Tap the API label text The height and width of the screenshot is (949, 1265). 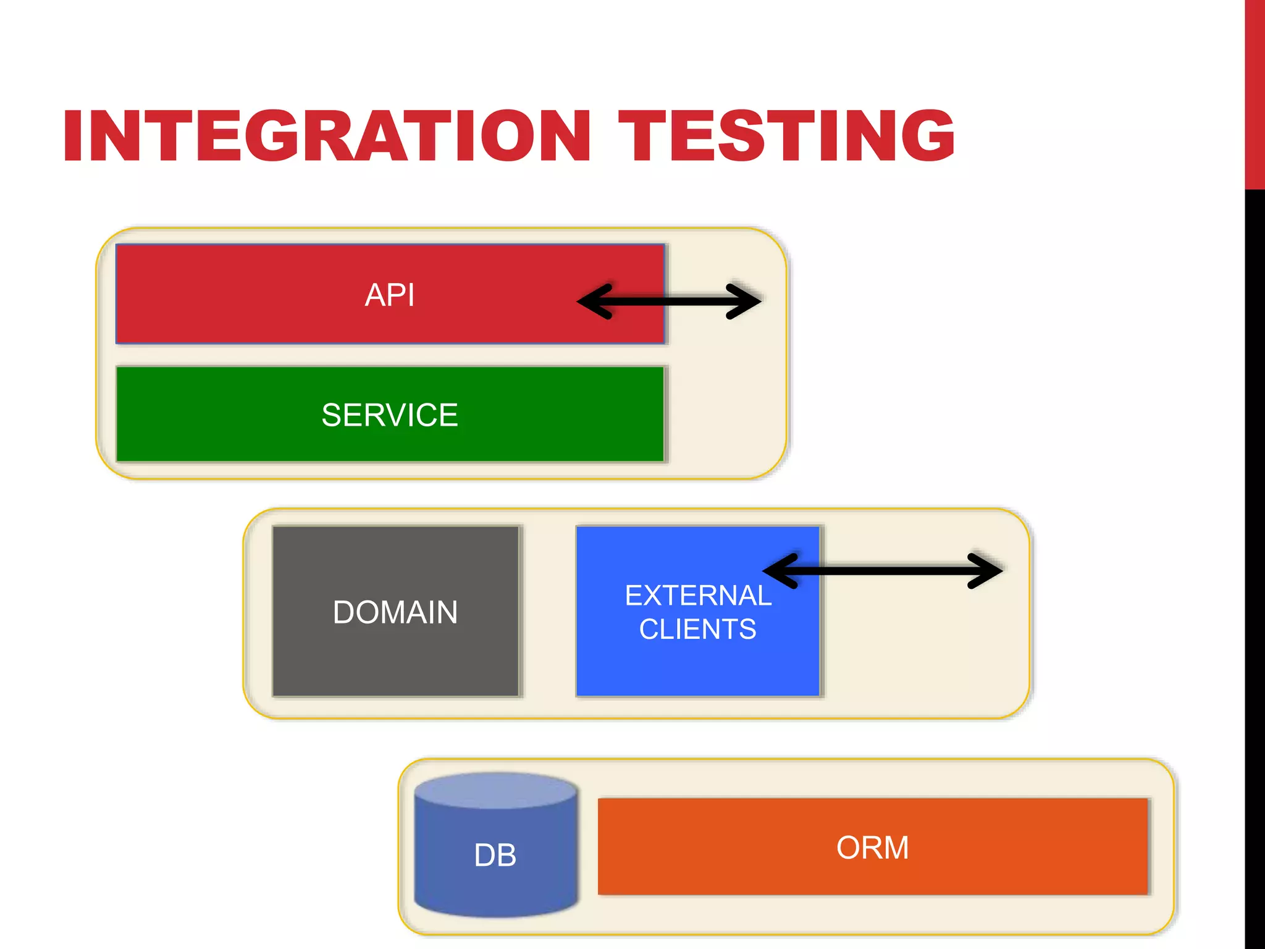coord(389,295)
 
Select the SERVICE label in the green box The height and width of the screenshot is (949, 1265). coord(389,415)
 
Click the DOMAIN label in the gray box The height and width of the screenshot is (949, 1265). coord(395,612)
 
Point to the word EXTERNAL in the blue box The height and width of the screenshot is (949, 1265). coord(698,596)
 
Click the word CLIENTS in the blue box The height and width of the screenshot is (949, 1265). coord(697,630)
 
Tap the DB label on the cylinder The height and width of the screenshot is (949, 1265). coord(495,855)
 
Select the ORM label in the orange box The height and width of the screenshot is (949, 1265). coord(872,847)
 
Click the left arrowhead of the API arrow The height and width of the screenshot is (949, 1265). coord(590,302)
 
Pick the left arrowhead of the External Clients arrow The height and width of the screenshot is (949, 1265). coord(777,570)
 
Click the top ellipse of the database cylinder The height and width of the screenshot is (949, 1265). coord(495,790)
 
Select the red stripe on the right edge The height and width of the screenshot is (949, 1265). coord(1254,93)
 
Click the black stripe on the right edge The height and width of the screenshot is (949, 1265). coord(1254,556)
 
